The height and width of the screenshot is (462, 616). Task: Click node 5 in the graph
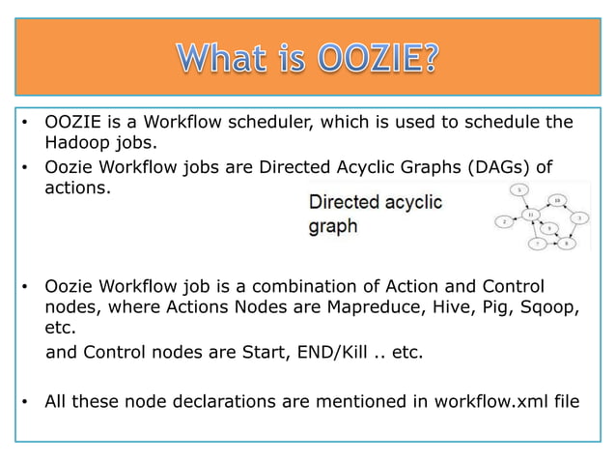520,188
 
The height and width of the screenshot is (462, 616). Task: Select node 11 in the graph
528,214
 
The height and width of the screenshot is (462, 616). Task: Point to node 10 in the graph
558,199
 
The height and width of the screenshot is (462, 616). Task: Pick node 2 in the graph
503,222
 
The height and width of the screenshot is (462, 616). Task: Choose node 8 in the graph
567,244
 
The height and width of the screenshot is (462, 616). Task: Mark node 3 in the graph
577,217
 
